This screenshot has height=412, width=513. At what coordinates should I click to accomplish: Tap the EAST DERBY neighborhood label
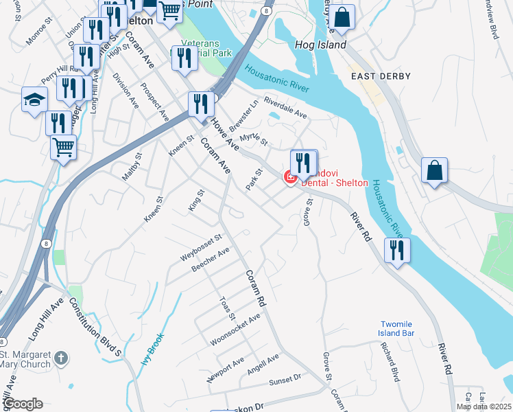click(381, 76)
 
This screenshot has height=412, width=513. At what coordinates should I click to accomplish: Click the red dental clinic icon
click(290, 178)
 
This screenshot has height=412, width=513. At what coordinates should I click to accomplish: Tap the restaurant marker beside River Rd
click(396, 251)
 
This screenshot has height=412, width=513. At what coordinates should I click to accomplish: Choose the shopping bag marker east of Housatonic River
click(434, 171)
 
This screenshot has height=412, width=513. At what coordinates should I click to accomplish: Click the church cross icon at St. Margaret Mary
click(61, 358)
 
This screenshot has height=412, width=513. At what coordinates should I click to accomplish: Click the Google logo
click(23, 404)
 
